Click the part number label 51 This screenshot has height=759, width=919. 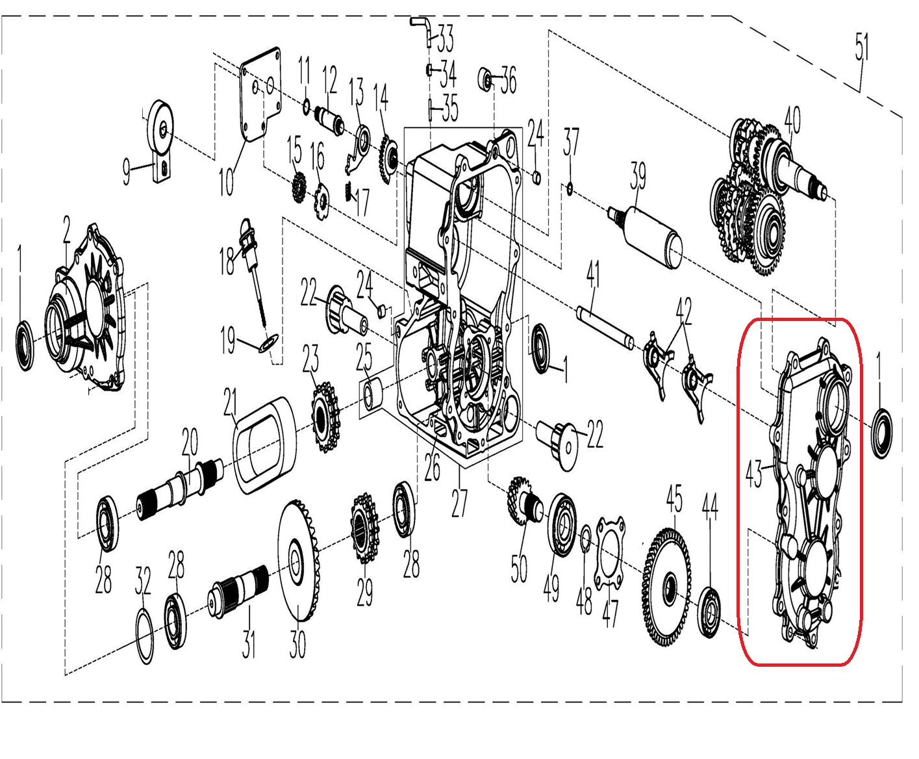tap(862, 47)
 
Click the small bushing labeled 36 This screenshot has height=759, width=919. tap(486, 79)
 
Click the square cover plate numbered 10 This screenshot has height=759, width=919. tap(260, 94)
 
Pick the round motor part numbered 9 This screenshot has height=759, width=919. tap(159, 140)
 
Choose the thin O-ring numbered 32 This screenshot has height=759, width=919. tap(145, 636)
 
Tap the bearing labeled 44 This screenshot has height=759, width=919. tap(709, 611)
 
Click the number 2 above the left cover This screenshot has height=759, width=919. tap(66, 229)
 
